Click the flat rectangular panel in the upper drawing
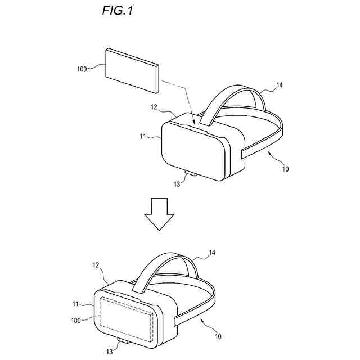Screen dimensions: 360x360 pos(132,71)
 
